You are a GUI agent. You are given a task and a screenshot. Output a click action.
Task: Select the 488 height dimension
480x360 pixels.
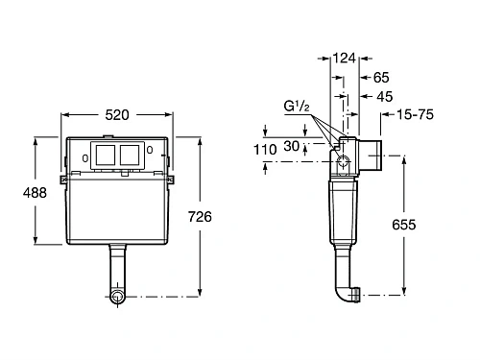(x=20, y=193)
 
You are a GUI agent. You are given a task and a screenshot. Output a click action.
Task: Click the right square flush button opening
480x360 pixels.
(x=131, y=154)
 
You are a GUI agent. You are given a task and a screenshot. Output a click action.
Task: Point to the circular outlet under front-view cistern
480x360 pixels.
(x=117, y=298)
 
